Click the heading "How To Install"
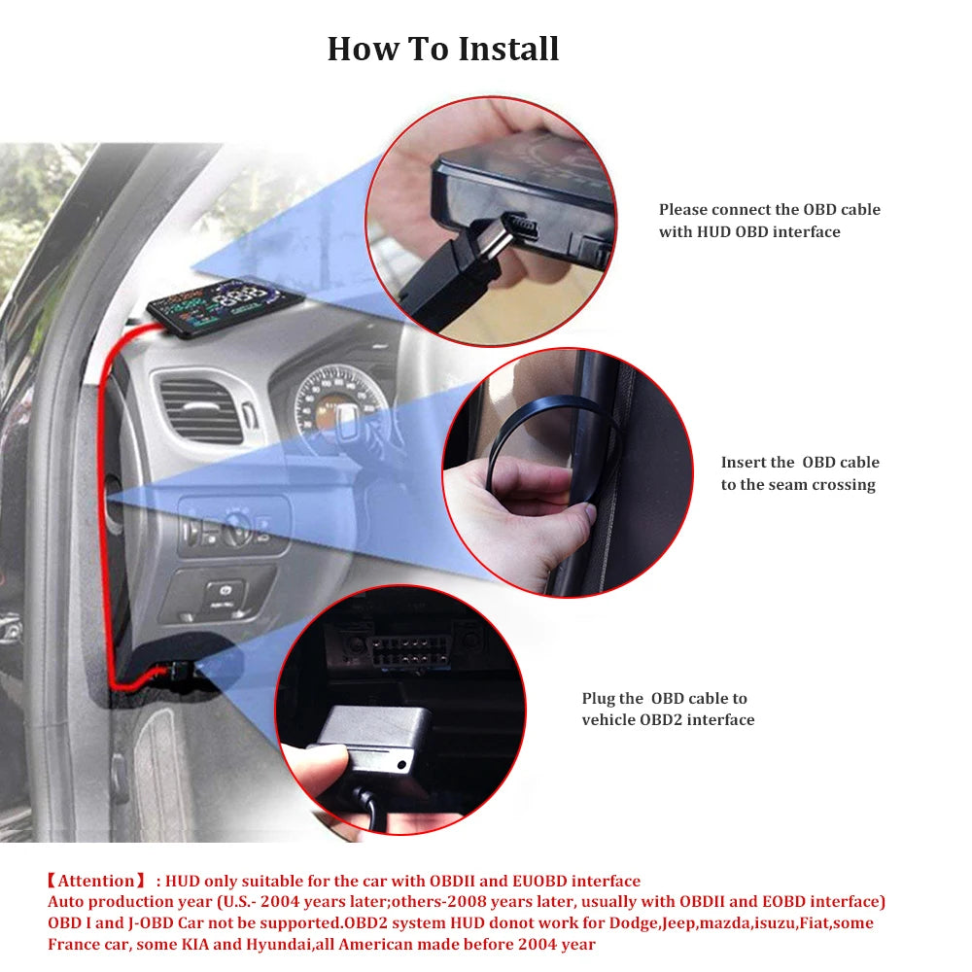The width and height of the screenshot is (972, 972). (443, 49)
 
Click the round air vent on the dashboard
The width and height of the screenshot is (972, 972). (201, 408)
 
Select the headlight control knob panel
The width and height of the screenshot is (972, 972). (233, 529)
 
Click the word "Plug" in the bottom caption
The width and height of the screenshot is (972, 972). (598, 698)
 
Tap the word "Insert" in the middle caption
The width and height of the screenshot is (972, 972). (744, 463)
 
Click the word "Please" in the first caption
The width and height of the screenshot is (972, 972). (683, 210)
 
